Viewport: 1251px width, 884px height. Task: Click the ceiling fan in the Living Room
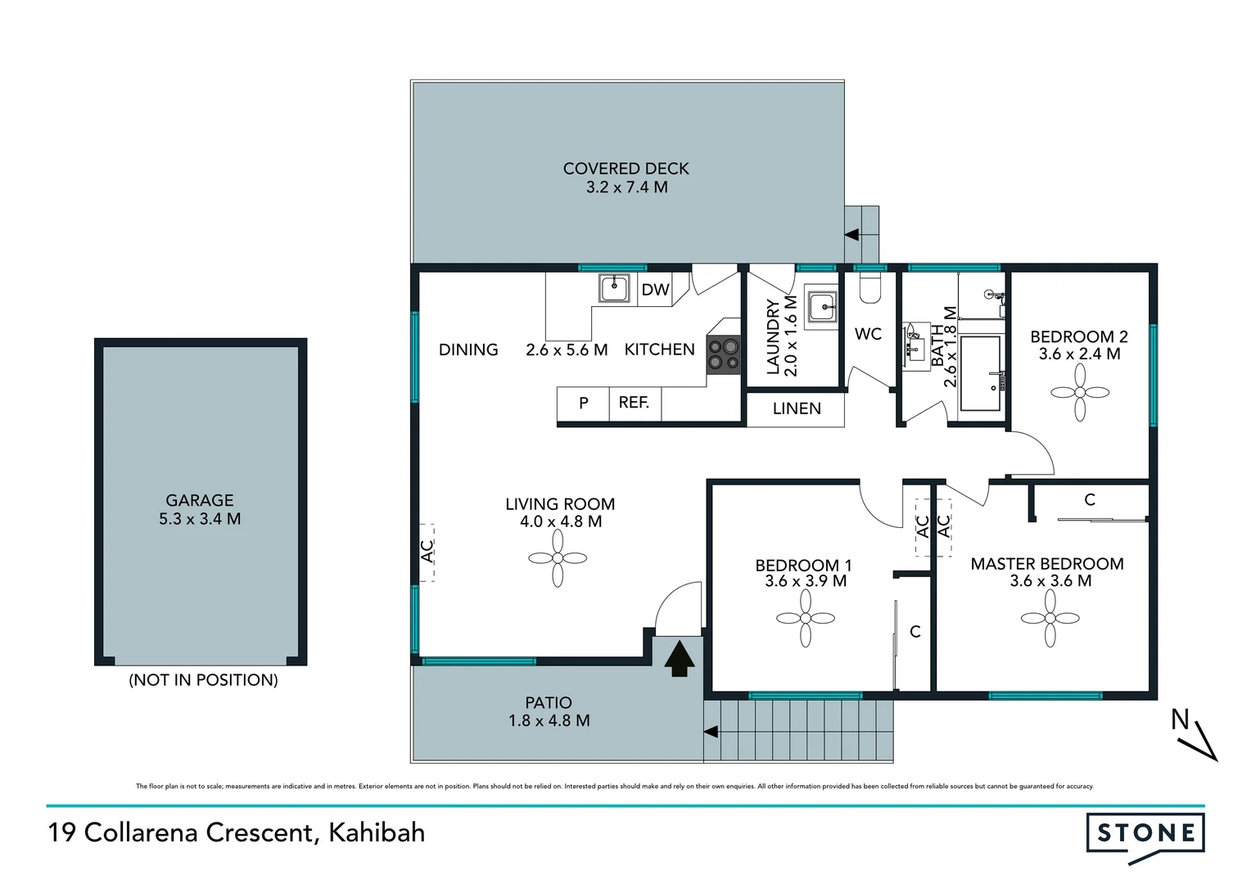tap(558, 558)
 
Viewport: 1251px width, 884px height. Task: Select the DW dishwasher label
tap(655, 290)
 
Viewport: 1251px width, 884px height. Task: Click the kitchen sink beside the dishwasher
tap(613, 288)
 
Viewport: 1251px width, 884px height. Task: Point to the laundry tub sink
tap(821, 308)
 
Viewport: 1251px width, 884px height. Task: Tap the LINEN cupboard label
tap(796, 408)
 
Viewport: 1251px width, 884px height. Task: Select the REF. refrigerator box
tap(635, 403)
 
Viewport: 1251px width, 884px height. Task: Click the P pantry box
tap(583, 403)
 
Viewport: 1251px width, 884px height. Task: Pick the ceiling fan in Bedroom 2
tap(1080, 392)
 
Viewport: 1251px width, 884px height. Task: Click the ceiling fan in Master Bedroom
tap(1050, 619)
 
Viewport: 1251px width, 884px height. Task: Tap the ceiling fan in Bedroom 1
tap(806, 619)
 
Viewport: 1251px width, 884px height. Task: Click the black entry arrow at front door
tap(679, 660)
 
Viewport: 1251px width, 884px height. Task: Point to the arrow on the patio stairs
tap(711, 732)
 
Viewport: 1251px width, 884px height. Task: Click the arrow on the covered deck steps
tap(851, 235)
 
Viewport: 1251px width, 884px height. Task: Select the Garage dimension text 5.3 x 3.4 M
tap(200, 519)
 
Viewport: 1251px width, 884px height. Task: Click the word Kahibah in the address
tap(377, 832)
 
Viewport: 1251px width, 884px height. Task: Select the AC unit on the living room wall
tap(427, 552)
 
